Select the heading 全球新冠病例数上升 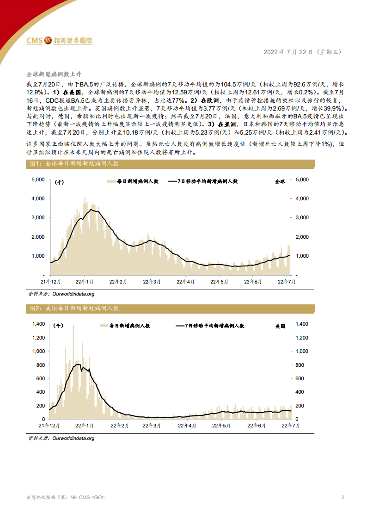point(54,74)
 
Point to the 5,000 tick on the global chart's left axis point(38,179)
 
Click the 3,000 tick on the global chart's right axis point(301,217)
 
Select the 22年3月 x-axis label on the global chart point(152,281)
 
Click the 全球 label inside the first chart point(280,182)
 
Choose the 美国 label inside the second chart point(280,326)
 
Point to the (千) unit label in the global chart point(59,182)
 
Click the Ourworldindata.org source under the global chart point(67,294)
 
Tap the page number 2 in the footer point(343,498)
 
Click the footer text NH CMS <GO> point(87,498)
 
